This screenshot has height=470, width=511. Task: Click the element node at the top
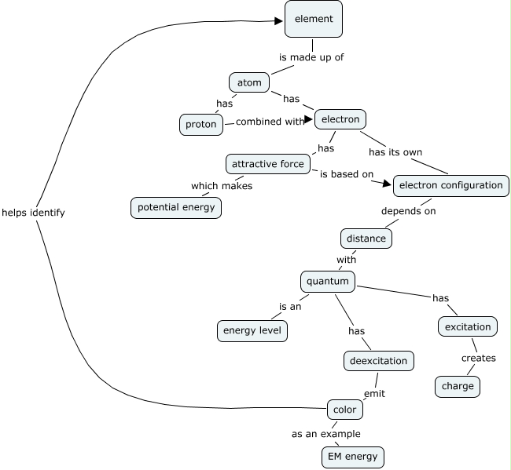tap(314, 19)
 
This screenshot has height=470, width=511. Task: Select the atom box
tap(249, 82)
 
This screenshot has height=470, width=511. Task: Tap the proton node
tap(201, 125)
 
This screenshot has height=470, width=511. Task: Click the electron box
tap(340, 119)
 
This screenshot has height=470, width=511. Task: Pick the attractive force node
tap(268, 164)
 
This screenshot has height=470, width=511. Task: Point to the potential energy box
tap(176, 207)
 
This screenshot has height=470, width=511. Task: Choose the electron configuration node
tap(451, 186)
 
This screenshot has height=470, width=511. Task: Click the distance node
tap(366, 239)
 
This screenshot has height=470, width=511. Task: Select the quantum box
tap(328, 282)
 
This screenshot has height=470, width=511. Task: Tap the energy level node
tap(252, 331)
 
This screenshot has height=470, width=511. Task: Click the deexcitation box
tap(379, 361)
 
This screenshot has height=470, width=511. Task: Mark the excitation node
tap(468, 326)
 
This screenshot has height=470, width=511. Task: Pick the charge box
tap(458, 387)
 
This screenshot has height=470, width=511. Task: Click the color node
tap(345, 410)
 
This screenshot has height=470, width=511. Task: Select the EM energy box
tap(353, 457)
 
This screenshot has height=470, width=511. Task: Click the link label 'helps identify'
tap(33, 213)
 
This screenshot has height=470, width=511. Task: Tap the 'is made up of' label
tap(311, 57)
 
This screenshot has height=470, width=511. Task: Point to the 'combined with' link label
tap(270, 122)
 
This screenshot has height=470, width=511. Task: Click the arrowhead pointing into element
tap(278, 21)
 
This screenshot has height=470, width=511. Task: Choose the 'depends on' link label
tap(408, 211)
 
